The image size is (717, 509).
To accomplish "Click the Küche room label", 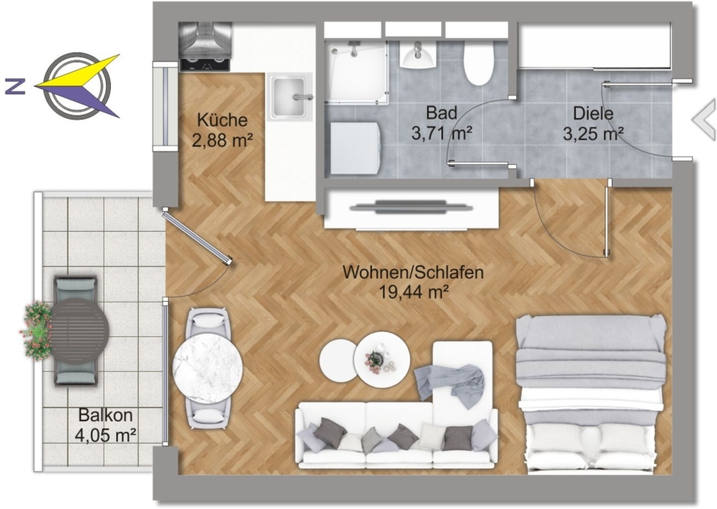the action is [222, 120].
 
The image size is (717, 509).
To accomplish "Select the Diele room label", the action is [593, 113].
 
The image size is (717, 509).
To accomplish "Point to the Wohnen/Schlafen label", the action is [413, 272].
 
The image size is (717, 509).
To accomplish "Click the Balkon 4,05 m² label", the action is [106, 425].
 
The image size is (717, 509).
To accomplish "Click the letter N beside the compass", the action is [15, 86].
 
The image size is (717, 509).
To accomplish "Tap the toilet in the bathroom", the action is [479, 63].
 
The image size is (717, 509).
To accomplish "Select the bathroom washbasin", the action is [418, 55].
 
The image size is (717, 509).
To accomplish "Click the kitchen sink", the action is [289, 97].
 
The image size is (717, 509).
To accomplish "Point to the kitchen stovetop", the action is [205, 65].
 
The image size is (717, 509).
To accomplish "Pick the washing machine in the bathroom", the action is [355, 147].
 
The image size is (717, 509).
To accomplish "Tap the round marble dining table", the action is [208, 368].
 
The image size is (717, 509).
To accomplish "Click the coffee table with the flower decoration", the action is [383, 359].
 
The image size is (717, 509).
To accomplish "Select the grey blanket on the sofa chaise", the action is [450, 384].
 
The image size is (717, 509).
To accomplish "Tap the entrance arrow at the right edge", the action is [704, 119].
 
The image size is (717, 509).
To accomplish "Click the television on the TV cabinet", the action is [410, 207].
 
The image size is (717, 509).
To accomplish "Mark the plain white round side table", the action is [338, 359].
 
